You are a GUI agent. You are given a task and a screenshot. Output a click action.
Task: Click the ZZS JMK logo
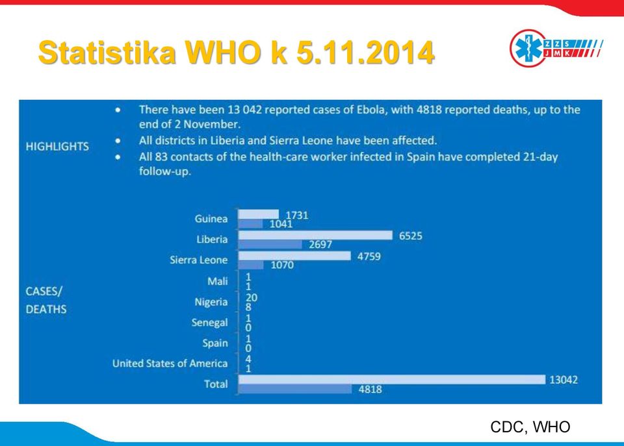click(x=556, y=48)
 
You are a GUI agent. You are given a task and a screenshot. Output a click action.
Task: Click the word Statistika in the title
click(x=107, y=52)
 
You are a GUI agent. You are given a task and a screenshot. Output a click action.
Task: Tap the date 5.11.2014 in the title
click(x=365, y=52)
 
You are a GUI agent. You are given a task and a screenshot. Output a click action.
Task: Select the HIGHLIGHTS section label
click(x=57, y=146)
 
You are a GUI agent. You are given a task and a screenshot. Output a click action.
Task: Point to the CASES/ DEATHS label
click(x=46, y=300)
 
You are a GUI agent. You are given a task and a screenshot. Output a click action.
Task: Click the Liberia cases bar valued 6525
click(x=315, y=235)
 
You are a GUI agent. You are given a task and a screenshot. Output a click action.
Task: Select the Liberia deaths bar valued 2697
click(x=270, y=245)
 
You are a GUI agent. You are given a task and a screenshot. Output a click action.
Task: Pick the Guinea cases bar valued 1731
click(x=259, y=215)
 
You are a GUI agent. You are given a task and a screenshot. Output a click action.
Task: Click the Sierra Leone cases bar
click(x=294, y=256)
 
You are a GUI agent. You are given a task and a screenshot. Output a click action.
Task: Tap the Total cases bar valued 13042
click(x=392, y=380)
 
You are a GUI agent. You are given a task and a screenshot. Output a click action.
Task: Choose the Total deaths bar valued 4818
click(x=295, y=389)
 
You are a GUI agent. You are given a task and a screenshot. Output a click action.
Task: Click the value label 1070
click(x=282, y=265)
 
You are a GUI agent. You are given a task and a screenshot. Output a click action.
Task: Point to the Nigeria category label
click(x=211, y=302)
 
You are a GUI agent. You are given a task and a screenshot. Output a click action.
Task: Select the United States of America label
click(x=170, y=364)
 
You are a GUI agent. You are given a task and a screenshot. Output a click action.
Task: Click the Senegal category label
click(x=209, y=323)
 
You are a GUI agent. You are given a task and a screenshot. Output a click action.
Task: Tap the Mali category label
click(x=217, y=282)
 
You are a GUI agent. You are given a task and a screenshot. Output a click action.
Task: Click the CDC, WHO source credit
click(x=530, y=427)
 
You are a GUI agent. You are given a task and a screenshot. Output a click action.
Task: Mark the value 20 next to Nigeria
click(x=251, y=297)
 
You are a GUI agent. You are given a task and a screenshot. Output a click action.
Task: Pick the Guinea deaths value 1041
click(x=281, y=224)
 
